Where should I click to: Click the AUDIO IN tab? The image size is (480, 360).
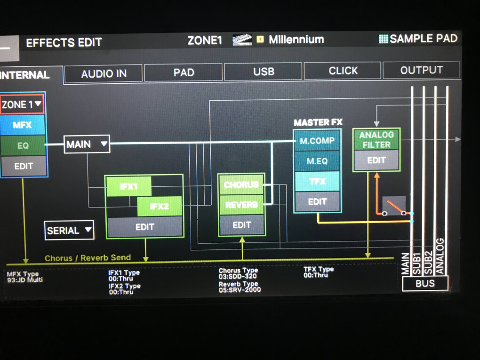104,73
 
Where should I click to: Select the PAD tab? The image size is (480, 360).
183,72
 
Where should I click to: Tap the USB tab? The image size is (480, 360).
263,72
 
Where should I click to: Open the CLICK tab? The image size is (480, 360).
343,71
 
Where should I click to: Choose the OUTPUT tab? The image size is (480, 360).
421,70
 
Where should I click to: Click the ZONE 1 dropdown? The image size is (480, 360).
22,104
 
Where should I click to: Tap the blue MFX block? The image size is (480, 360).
23,125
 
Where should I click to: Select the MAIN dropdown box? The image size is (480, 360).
87,144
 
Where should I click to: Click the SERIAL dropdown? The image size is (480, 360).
69,230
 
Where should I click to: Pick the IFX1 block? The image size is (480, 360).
129,186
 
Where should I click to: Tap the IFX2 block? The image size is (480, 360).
159,206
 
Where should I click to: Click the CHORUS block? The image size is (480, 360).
241,185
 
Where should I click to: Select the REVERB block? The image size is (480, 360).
241,205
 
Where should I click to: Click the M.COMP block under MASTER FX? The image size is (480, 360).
317,141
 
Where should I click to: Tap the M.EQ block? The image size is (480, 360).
317,161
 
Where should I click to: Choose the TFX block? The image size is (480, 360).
317,181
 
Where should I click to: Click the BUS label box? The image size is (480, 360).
425,284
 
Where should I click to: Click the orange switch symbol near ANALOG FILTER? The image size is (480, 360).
394,206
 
